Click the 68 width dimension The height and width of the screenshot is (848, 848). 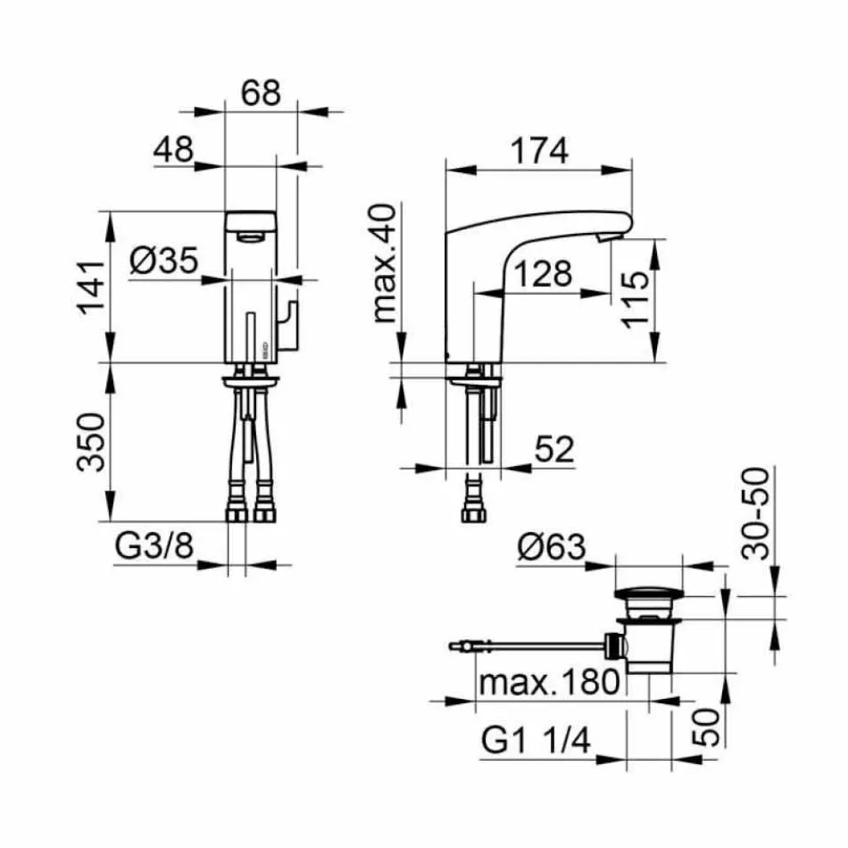click(260, 93)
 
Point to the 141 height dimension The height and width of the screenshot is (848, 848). click(94, 286)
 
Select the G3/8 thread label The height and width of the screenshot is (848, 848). click(153, 547)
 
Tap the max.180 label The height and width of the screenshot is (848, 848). click(548, 683)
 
